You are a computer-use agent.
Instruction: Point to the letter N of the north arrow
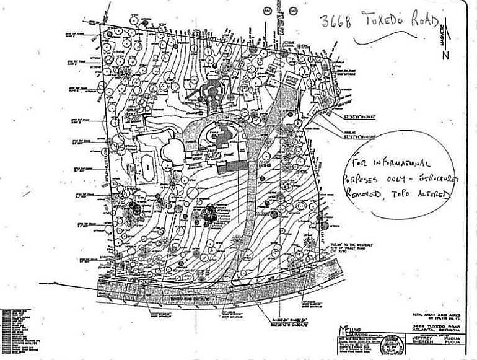[446, 56]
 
